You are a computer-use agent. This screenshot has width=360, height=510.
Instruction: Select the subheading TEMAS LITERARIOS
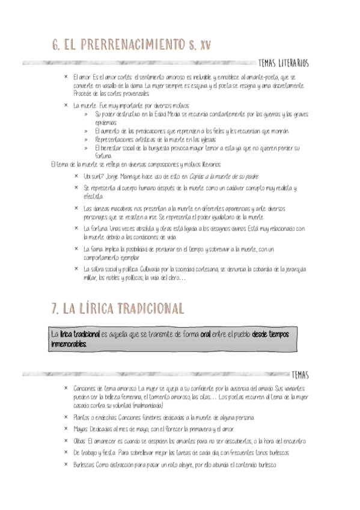coord(282,63)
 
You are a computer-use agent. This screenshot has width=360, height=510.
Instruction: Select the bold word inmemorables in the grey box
coord(69,344)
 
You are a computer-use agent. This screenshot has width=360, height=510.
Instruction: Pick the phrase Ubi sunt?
coord(94,176)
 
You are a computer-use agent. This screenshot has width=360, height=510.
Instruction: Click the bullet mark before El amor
coord(66,77)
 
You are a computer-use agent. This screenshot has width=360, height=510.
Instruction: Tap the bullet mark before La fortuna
coord(76,229)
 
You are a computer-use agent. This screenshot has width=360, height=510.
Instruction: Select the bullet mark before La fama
coord(76,248)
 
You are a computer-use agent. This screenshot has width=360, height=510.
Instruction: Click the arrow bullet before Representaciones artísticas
coord(87,139)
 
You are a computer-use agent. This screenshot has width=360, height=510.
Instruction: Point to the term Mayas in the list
coord(80,428)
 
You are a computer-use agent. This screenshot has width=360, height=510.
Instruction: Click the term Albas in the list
coord(79,441)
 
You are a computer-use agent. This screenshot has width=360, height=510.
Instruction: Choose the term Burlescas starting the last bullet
coord(84,465)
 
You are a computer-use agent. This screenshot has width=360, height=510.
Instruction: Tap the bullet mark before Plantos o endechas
coord(66,417)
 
